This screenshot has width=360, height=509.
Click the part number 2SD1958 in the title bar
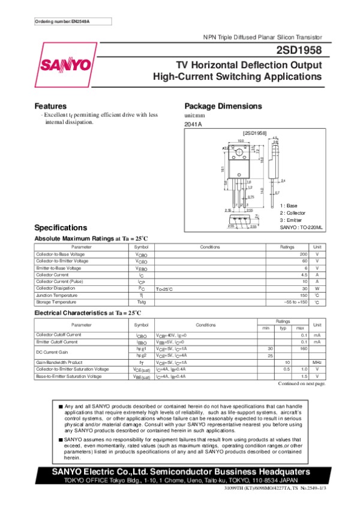point(300,50)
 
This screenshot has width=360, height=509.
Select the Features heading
point(50,106)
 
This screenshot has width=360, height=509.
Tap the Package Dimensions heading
point(223,106)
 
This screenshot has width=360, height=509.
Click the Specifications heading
point(61,228)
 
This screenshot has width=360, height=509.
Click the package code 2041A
point(193,124)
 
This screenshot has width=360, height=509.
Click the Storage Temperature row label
point(55,302)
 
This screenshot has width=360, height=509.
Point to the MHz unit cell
point(317,362)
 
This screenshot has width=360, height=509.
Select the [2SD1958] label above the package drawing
point(254,132)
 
